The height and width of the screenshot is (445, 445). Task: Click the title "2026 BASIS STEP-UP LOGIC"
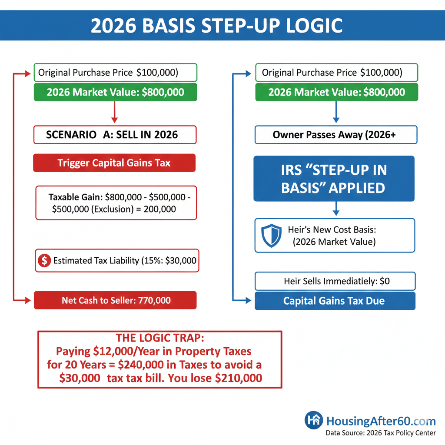(x=216, y=26)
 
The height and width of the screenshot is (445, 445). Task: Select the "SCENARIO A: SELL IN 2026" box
(x=115, y=135)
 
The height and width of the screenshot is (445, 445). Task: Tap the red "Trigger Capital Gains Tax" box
(x=114, y=163)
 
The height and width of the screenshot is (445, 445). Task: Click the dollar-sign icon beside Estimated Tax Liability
(x=44, y=261)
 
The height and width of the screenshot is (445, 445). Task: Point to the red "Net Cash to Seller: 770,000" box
(x=115, y=300)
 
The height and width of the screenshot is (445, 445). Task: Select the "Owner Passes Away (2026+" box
(x=335, y=135)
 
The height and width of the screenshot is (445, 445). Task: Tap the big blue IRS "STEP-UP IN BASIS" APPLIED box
(x=334, y=179)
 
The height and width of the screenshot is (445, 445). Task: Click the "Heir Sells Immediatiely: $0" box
(x=335, y=281)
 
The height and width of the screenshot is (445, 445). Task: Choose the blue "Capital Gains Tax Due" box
(x=335, y=301)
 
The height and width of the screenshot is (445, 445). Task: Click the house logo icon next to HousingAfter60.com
(x=314, y=420)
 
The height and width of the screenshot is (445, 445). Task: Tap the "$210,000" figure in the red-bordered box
(x=239, y=378)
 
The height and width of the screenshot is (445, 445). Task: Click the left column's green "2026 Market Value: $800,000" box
(x=115, y=92)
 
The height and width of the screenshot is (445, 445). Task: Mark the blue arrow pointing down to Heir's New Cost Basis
(x=335, y=209)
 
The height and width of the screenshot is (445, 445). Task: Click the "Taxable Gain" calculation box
(x=116, y=203)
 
